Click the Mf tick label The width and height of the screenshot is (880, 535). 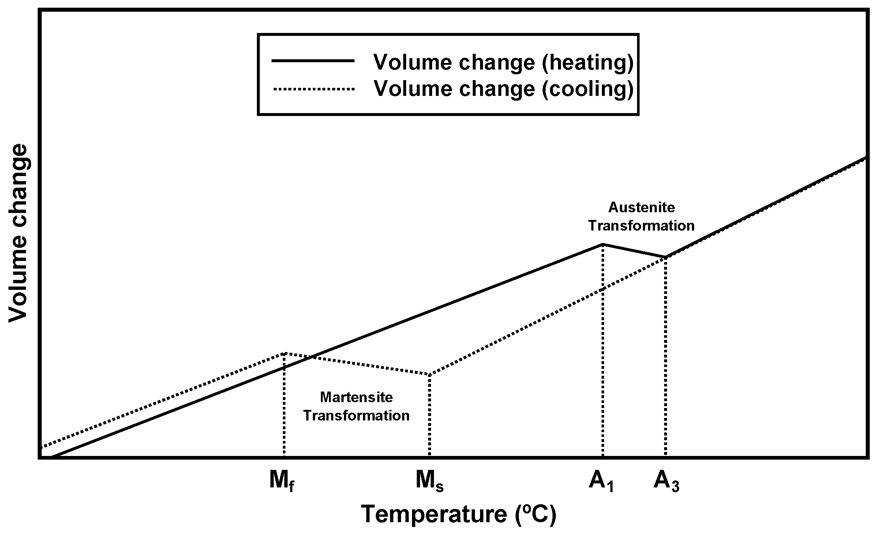(282, 481)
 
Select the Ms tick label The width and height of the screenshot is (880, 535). (429, 481)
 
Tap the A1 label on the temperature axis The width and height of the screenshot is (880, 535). (601, 481)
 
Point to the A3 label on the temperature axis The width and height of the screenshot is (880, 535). (666, 481)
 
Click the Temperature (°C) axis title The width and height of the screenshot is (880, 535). (458, 515)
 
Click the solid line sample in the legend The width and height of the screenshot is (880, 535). (313, 61)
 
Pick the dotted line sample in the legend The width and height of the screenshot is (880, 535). (313, 89)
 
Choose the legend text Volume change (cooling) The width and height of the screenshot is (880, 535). (503, 89)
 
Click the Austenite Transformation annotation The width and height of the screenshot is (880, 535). (641, 217)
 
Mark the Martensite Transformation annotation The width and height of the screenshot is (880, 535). (356, 407)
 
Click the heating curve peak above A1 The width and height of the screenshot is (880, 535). (603, 244)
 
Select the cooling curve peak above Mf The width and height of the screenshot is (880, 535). (284, 353)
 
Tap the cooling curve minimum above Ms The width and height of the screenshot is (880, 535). (430, 375)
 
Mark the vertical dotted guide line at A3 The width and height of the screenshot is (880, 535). (666, 359)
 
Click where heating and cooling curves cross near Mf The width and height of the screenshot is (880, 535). (311, 356)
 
